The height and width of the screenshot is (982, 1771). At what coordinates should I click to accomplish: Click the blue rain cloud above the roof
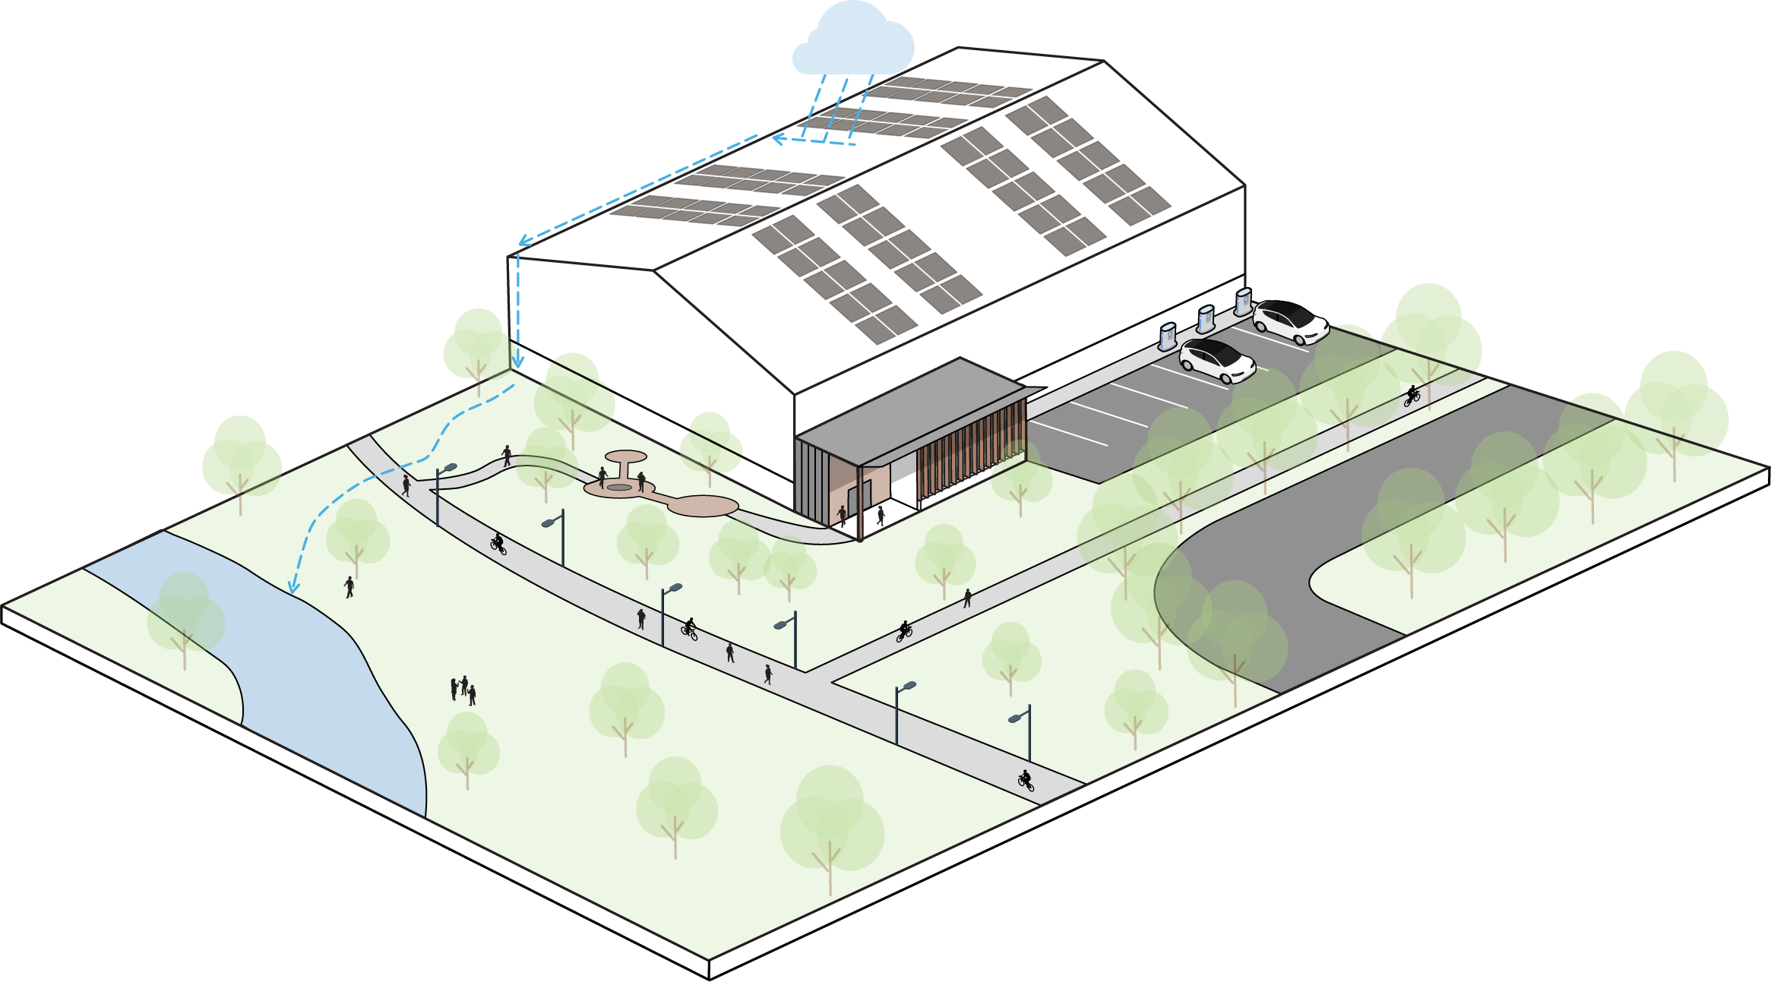coord(852,42)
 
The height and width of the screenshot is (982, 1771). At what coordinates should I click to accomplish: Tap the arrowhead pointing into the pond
coord(293,588)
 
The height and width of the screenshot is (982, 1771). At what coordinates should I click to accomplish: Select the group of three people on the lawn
coord(463,690)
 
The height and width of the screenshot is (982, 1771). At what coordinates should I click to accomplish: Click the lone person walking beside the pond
coord(349,586)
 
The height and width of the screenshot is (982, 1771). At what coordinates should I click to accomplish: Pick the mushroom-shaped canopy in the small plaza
coord(625,459)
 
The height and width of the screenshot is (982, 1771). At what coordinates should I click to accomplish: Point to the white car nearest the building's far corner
coord(1290,321)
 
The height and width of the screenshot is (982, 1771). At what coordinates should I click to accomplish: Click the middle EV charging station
coord(1206,319)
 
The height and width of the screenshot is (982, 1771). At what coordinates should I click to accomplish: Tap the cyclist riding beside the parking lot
coord(1412,395)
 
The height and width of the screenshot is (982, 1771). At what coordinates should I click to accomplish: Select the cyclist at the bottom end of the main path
coord(1026,779)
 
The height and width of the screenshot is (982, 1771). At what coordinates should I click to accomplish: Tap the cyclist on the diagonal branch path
coord(904,631)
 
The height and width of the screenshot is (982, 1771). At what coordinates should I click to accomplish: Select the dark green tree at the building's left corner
coord(476,346)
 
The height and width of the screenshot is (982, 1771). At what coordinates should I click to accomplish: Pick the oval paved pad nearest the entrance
coord(704,506)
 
